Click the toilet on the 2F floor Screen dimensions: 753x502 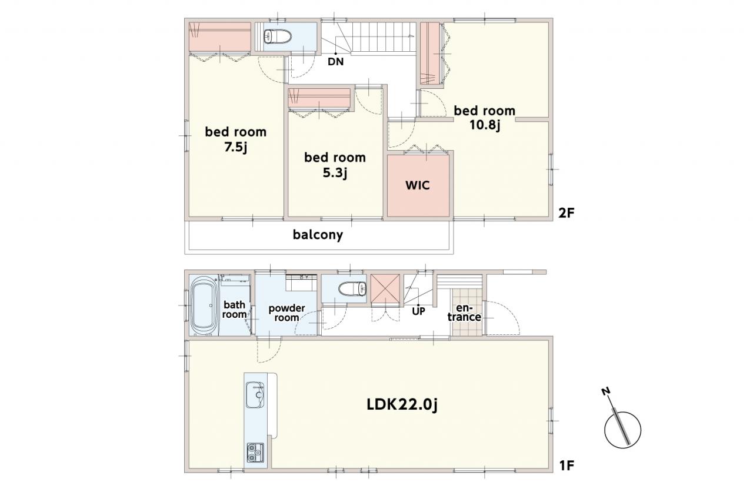278,36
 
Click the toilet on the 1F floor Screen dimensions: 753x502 352,289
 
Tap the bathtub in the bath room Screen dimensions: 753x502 204,305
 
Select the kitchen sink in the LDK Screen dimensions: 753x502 255,395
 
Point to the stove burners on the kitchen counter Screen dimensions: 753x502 255,453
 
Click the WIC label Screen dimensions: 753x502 418,185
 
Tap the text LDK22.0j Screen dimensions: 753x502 402,405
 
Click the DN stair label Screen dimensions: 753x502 335,62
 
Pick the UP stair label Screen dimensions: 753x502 418,311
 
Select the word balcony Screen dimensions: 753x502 318,235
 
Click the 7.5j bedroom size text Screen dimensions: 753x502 236,147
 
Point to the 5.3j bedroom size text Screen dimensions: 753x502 335,173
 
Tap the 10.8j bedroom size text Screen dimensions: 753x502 485,125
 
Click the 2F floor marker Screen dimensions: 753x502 567,213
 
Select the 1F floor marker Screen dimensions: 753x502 567,466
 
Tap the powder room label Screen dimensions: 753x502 286,312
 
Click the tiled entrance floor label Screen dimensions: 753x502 464,312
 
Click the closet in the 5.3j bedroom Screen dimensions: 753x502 319,98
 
